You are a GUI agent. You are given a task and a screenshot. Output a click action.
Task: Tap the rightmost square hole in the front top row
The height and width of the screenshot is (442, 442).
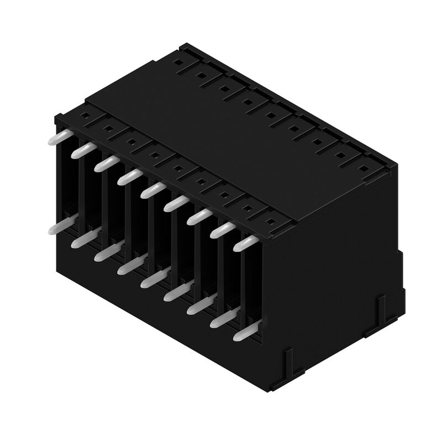click(x=271, y=222)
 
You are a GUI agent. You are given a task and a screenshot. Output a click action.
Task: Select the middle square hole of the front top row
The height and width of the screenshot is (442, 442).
click(x=177, y=169)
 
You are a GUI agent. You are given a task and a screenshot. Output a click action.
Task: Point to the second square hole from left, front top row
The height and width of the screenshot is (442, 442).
click(x=108, y=129)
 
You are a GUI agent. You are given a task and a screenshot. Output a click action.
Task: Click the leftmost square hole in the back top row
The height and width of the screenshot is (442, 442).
click(x=178, y=62)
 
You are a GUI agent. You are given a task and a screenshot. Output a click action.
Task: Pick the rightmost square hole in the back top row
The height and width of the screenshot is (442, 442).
click(x=364, y=168)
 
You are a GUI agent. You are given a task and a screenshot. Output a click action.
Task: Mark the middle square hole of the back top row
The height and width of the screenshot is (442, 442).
click(x=271, y=115)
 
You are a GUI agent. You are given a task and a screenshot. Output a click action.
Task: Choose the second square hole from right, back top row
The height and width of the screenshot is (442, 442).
click(x=341, y=155)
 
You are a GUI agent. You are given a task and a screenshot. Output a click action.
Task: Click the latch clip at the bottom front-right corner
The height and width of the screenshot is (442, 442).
click(x=288, y=362)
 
